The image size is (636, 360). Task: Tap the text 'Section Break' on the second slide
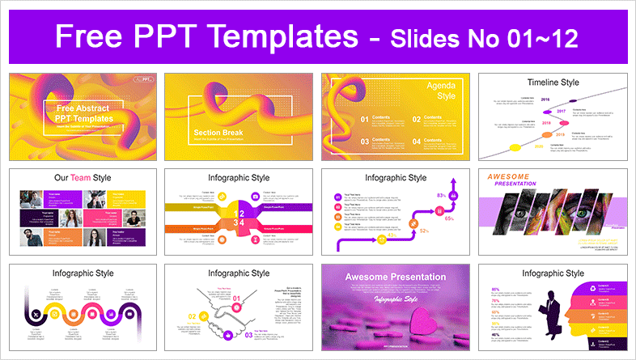(216, 133)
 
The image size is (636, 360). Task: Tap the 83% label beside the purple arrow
(442, 196)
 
